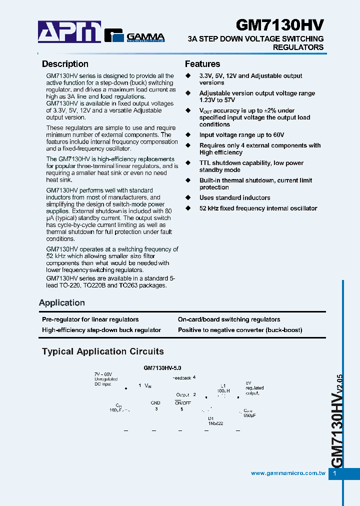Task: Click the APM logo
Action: (x=69, y=32)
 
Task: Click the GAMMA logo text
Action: (x=145, y=36)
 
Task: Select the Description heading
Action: (x=65, y=64)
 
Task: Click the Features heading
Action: (x=202, y=64)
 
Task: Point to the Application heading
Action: (x=62, y=303)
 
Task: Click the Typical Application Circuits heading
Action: (x=103, y=351)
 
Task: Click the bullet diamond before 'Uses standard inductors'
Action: (x=188, y=198)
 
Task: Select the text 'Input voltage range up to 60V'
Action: (x=241, y=135)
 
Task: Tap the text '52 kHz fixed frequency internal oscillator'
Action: (x=258, y=208)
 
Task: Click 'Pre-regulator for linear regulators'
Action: (x=90, y=319)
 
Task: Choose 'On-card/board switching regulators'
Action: (x=229, y=319)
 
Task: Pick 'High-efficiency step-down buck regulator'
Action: (x=101, y=330)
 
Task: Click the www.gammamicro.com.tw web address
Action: (x=288, y=473)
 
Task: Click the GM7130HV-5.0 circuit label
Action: (x=162, y=367)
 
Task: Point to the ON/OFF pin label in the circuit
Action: (x=181, y=402)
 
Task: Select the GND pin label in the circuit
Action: (x=155, y=402)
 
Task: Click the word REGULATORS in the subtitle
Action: (x=298, y=47)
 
